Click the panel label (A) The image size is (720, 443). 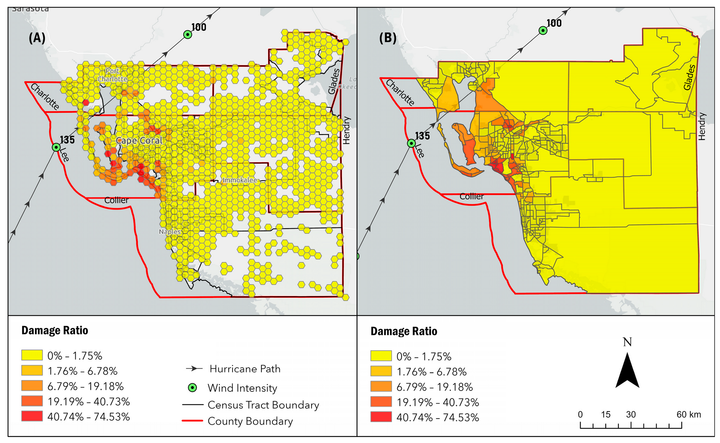(x=37, y=38)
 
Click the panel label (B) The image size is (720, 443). (x=388, y=38)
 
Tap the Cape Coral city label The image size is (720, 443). (x=139, y=141)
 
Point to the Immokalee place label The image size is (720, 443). (x=240, y=180)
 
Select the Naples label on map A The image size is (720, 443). (x=169, y=232)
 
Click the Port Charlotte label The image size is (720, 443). (x=112, y=75)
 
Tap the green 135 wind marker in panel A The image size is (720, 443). (x=56, y=147)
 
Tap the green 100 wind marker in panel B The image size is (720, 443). (x=543, y=30)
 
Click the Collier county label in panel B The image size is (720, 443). (x=471, y=196)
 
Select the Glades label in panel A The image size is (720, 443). (x=333, y=81)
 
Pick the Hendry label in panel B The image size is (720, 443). (x=702, y=126)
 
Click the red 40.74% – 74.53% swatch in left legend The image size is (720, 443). (x=32, y=416)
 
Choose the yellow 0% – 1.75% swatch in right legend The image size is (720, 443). (x=381, y=356)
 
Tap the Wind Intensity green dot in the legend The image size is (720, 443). (x=192, y=388)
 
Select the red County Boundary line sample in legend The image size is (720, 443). (x=192, y=421)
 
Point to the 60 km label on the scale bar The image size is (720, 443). (x=688, y=415)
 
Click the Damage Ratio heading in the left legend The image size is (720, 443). (x=55, y=331)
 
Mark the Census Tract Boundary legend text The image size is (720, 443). (x=263, y=405)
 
